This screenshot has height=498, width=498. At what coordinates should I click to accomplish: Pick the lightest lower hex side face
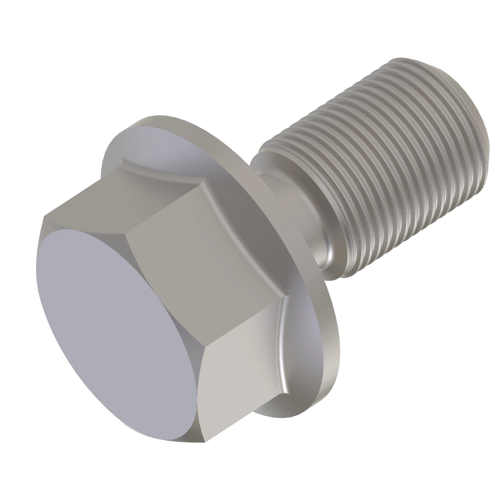pyautogui.click(x=240, y=374)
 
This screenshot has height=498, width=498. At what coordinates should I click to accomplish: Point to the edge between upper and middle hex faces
pyautogui.click(x=160, y=206)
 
